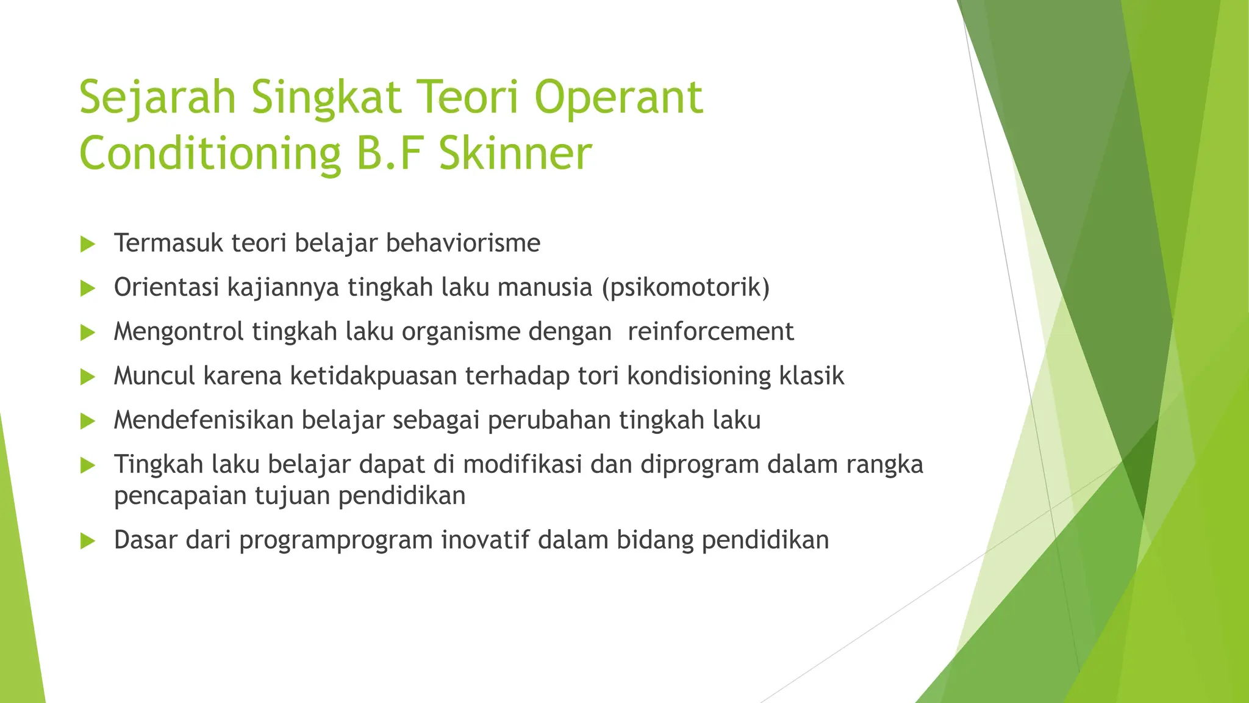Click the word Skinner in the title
[515, 153]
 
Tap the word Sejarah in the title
[157, 98]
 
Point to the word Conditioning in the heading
[210, 153]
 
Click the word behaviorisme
[463, 243]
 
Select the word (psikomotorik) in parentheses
[685, 287]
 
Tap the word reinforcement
[710, 331]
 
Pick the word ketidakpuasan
[373, 376]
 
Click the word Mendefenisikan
[204, 420]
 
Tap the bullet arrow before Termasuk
[88, 244]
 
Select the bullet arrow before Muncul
[88, 377]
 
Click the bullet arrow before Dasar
[88, 541]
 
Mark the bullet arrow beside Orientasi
[88, 288]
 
